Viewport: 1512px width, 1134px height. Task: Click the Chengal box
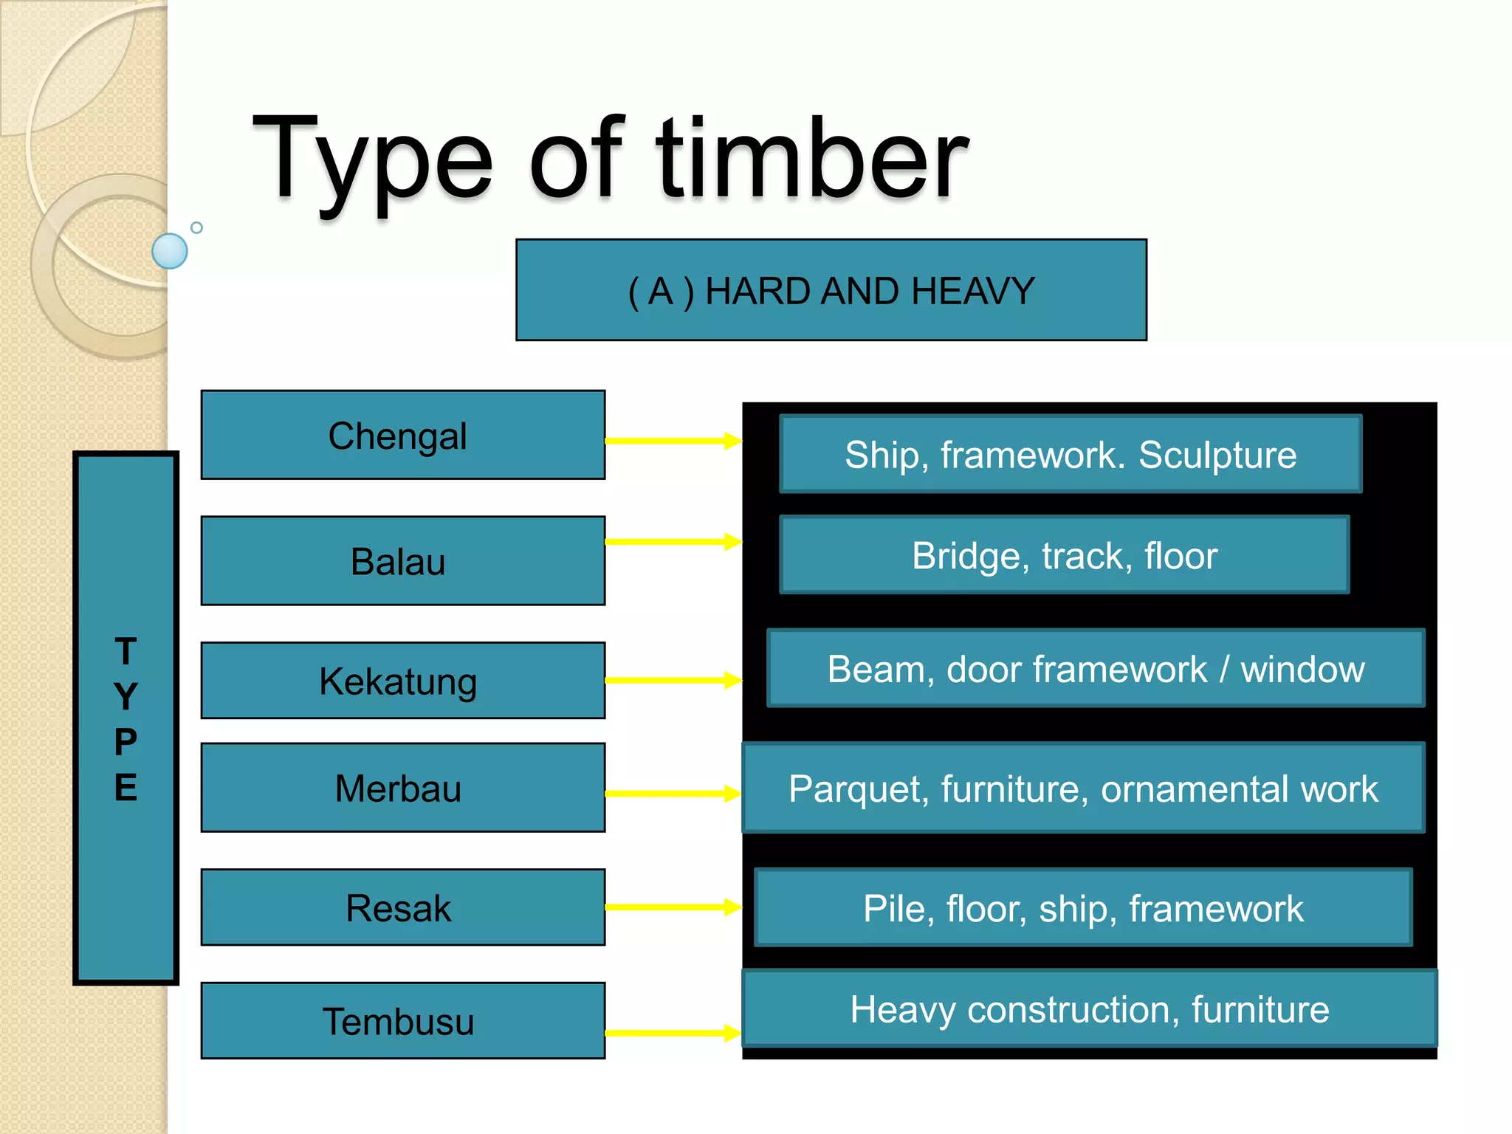[x=402, y=435]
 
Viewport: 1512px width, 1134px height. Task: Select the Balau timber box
[x=402, y=561]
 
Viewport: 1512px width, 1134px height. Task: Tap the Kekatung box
[x=402, y=680]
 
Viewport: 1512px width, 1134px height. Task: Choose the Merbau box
[x=402, y=788]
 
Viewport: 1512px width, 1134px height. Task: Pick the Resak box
[x=402, y=907]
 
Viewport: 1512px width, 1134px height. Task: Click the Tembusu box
[x=402, y=1021]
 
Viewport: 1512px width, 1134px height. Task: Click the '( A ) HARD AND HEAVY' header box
[x=831, y=290]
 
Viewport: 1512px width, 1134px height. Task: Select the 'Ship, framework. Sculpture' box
[x=1071, y=454]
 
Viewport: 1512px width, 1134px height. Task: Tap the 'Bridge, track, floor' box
[x=1064, y=555]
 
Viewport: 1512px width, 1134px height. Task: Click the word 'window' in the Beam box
[x=1302, y=670]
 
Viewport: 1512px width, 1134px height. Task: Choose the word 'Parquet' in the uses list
[x=856, y=789]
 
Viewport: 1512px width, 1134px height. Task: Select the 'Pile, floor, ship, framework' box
[x=1083, y=908]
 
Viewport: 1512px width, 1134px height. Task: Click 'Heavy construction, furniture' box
[x=1089, y=1009]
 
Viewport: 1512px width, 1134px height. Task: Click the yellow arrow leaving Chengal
[x=672, y=441]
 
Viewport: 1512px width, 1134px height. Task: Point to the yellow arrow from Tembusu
[x=672, y=1033]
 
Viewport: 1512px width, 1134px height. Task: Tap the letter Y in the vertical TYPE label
[x=126, y=696]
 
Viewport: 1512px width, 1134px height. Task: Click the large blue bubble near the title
[x=170, y=251]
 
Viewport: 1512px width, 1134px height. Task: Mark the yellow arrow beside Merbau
[x=672, y=794]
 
